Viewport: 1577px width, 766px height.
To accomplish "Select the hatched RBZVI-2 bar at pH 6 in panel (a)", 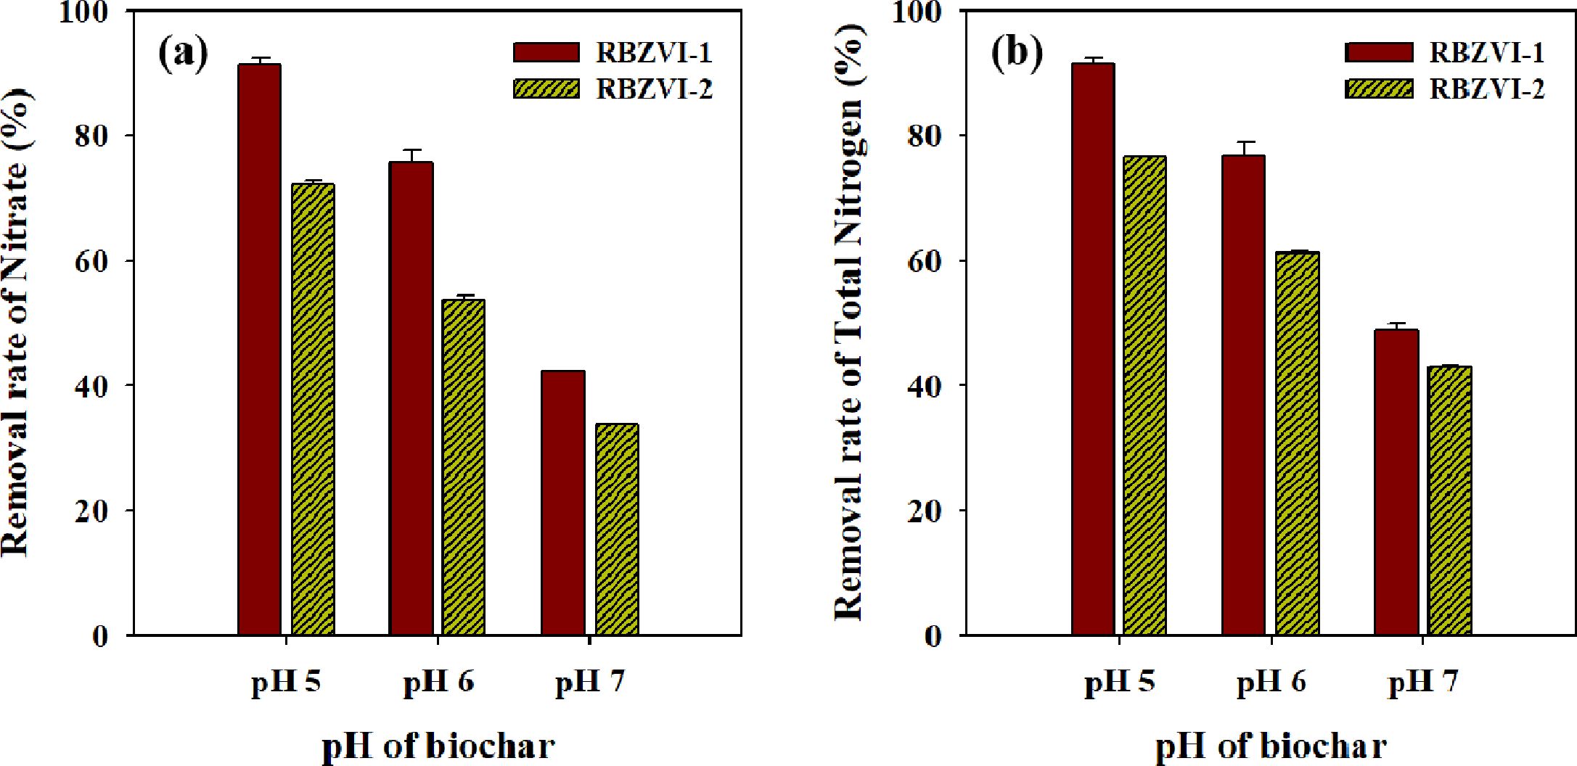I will pos(464,467).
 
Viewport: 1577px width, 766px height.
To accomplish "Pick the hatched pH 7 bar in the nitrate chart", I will pos(617,530).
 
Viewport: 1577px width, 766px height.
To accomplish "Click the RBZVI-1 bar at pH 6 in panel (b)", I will pos(1243,395).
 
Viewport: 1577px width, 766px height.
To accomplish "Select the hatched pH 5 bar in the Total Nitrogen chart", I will pos(1145,395).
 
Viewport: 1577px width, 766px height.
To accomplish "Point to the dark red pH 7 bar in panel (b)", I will pos(1396,482).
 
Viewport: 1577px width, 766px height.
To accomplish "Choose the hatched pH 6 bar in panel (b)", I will pos(1298,443).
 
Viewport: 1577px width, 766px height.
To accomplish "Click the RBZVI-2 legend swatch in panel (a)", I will pos(546,88).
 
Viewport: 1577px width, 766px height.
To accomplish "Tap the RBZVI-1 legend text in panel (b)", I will pos(1486,52).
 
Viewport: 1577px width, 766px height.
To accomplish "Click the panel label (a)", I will pos(182,53).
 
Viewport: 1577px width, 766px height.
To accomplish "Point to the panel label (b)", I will pos(1016,53).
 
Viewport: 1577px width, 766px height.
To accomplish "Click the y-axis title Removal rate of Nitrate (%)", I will pos(16,323).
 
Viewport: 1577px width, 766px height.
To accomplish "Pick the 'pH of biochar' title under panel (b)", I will pos(1271,746).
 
